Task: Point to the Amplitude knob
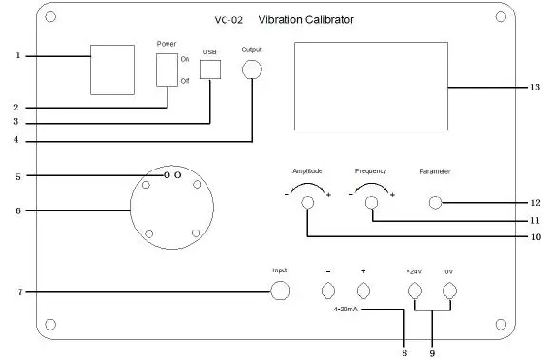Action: coord(307,203)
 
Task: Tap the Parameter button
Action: coord(435,202)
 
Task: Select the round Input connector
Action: coord(280,291)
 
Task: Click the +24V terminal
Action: coord(415,291)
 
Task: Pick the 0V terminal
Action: coord(448,291)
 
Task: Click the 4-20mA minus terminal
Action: coord(328,291)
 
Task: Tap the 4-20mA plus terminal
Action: coord(363,291)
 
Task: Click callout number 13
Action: coord(535,87)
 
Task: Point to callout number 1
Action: coord(18,55)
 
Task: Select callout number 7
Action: coord(18,291)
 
